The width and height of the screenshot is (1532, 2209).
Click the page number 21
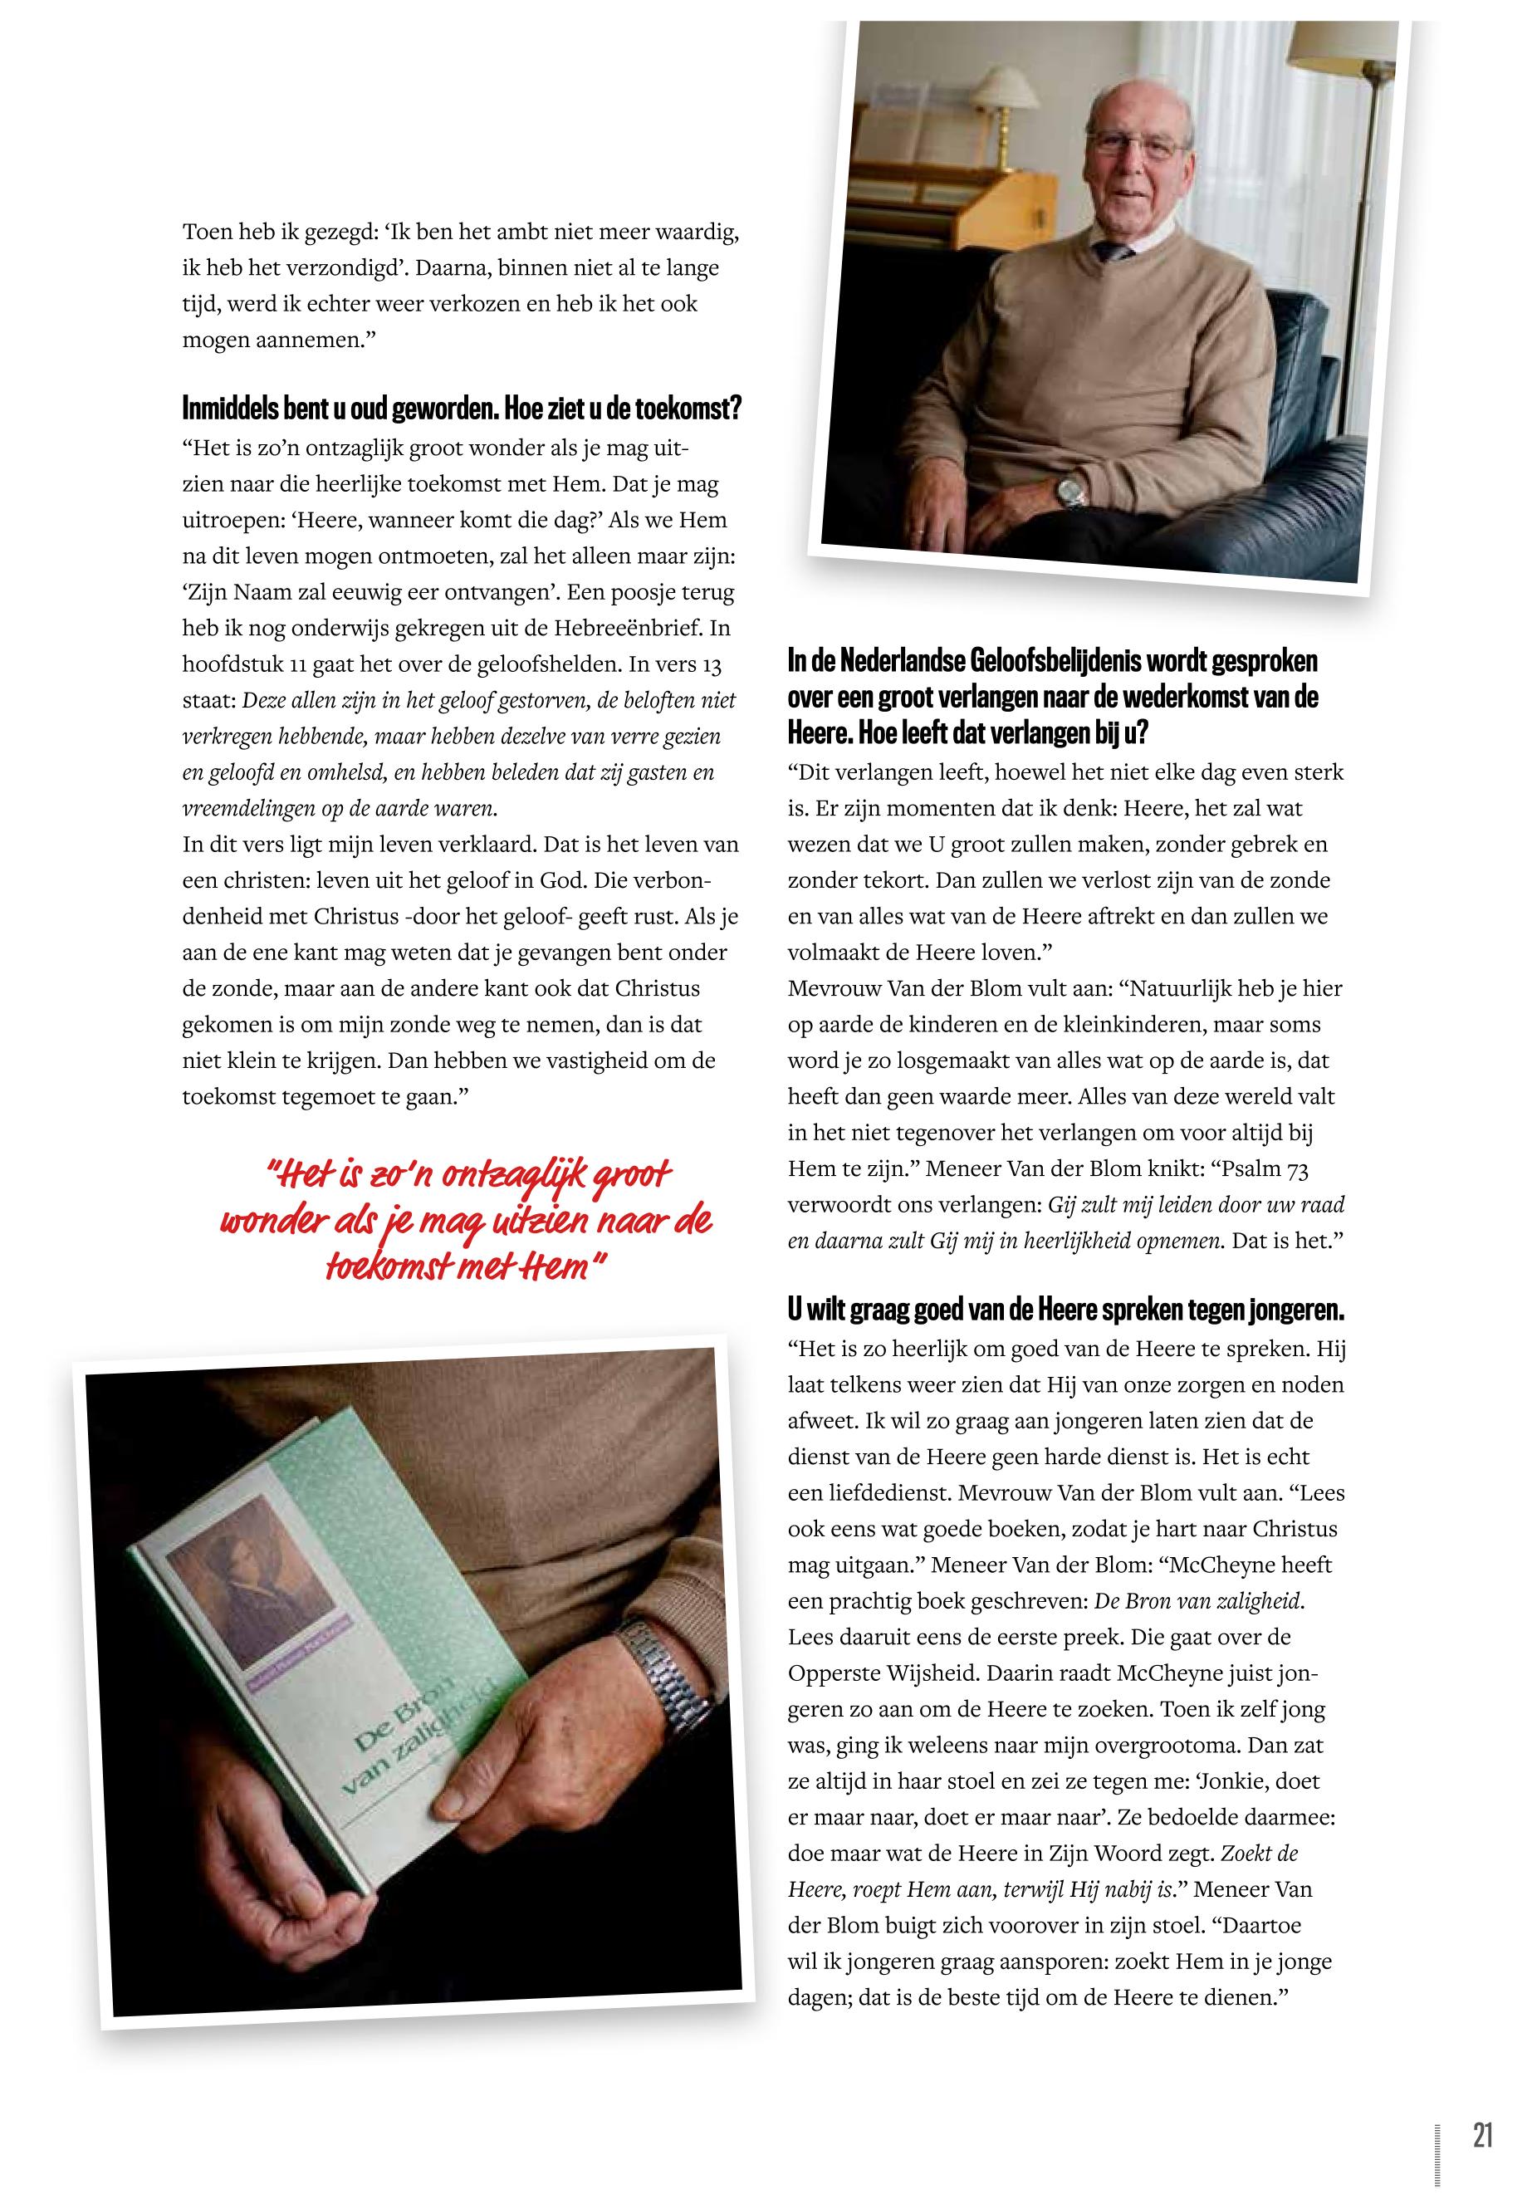[1482, 2109]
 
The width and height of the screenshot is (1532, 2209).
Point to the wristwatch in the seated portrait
[1070, 492]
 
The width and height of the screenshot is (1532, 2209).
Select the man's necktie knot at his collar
[1114, 252]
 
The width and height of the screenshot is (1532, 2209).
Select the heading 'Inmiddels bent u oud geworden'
[462, 411]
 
